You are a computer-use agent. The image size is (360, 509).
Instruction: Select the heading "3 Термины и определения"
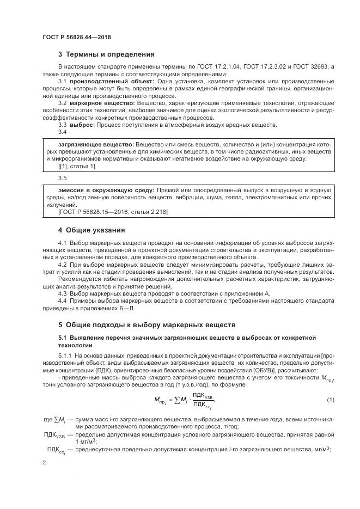point(106,54)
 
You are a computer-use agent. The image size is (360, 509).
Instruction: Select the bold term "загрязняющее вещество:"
point(89,144)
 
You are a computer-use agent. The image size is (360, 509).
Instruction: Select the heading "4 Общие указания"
point(91,230)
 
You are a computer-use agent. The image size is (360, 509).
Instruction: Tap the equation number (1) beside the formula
point(331,400)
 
